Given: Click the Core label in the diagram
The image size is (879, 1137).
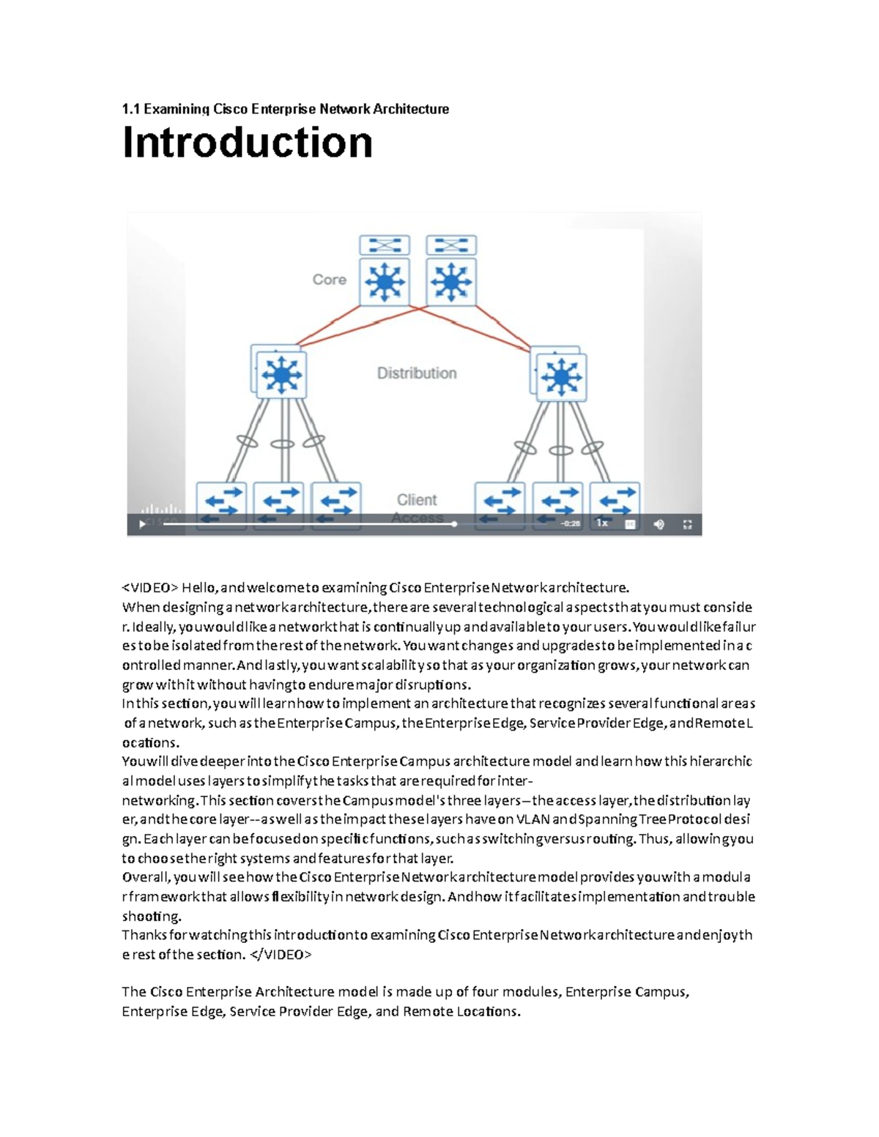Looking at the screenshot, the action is pos(329,280).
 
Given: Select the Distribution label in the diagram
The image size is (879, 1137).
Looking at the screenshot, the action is pos(416,373).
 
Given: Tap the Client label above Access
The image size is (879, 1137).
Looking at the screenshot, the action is pos(416,500).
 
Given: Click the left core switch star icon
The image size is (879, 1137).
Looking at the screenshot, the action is pos(385,281).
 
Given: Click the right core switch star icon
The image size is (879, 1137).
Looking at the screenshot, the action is pos(451,281).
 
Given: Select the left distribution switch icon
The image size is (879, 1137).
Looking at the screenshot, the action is pos(281,376).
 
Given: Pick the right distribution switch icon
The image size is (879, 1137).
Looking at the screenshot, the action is pos(561,377).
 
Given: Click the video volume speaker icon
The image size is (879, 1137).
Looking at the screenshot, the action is pos(659,524).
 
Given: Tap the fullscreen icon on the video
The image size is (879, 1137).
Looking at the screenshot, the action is pos(687,524).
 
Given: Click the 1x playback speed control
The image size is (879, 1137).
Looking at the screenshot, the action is pos(601,523).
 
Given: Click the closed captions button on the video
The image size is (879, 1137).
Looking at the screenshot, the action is pos(630,524).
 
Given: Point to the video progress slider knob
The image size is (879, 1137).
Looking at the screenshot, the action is pos(454,524).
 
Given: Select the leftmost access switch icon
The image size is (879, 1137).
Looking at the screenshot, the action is pos(222,501).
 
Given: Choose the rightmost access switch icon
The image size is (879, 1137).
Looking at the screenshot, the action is pos(615,501).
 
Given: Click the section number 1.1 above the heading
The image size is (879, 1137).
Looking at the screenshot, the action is pos(130,109).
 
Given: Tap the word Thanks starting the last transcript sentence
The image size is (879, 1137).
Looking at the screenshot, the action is pos(144,935).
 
